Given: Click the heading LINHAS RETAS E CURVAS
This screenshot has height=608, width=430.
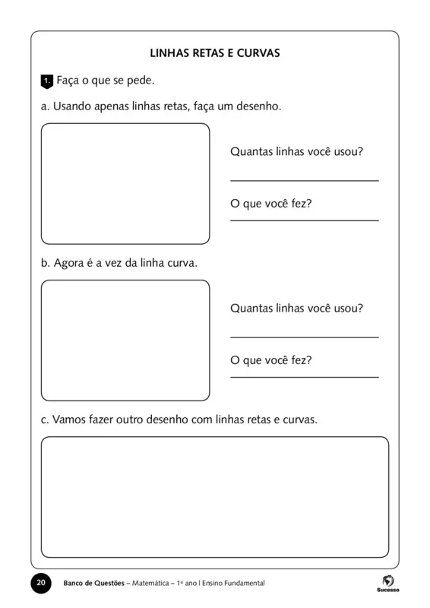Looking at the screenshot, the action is (216, 54).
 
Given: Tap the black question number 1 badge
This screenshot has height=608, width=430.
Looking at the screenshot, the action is (46, 80).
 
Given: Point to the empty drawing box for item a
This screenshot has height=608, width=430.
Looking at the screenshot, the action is (125, 182).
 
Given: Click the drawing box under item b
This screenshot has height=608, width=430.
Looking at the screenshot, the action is (125, 340).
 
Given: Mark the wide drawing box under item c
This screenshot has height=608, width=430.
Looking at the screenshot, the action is (215, 497).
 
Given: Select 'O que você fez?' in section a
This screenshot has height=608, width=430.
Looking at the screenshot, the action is (271, 204).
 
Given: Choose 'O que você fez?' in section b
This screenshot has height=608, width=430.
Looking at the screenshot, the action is (271, 360).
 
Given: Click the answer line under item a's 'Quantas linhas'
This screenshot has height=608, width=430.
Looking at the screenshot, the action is (304, 181).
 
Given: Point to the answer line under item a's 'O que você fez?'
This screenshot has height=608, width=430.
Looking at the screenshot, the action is (304, 220).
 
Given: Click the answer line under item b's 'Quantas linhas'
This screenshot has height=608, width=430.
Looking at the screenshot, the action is (304, 337).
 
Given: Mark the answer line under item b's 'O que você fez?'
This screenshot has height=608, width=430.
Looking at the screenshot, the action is (304, 377).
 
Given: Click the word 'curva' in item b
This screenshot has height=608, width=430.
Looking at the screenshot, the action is (180, 263).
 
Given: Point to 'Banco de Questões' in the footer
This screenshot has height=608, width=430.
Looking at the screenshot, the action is (96, 583).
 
